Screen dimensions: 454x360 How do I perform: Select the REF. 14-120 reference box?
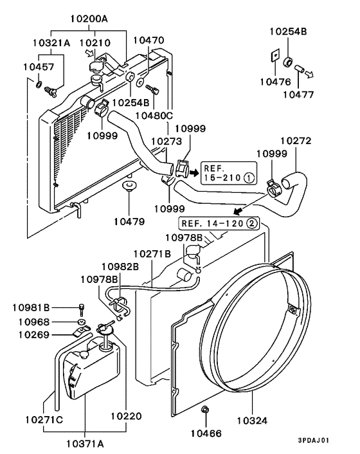pyautogui.click(x=219, y=224)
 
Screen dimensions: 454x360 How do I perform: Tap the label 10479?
pyautogui.click(x=129, y=222)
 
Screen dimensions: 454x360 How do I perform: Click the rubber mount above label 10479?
pyautogui.click(x=130, y=187)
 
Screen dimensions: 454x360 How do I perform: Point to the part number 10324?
pyautogui.click(x=251, y=420)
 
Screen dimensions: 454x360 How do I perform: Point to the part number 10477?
pyautogui.click(x=298, y=94)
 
